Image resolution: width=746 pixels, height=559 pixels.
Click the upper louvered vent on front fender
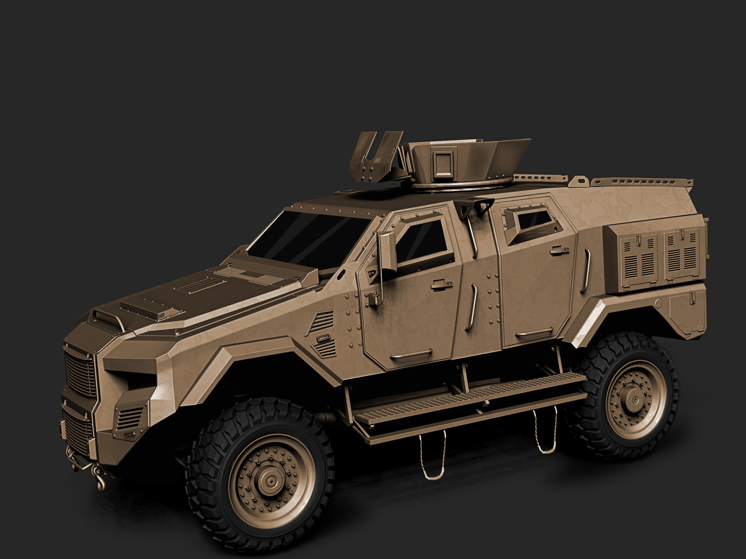point(322,321)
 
